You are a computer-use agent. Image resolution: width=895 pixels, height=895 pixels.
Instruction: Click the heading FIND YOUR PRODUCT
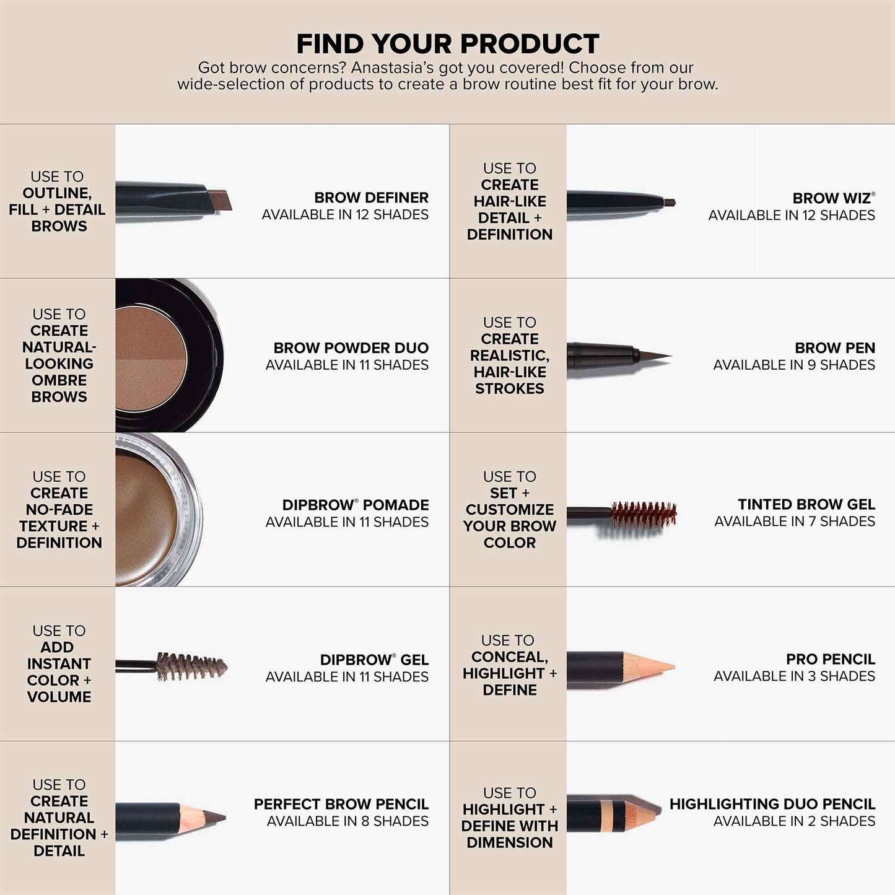click(447, 44)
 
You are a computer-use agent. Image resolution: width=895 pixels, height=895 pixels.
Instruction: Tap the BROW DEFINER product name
click(371, 198)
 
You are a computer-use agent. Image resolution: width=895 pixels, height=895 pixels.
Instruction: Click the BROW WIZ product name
click(831, 198)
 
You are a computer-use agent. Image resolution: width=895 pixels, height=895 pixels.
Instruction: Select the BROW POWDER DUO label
click(351, 348)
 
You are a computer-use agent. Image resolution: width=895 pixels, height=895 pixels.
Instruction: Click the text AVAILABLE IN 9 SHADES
click(793, 365)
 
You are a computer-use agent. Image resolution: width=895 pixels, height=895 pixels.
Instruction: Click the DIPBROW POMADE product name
click(355, 505)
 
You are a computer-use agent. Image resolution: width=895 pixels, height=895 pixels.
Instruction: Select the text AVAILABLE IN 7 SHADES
click(794, 522)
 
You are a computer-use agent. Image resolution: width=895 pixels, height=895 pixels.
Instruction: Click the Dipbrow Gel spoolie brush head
click(191, 666)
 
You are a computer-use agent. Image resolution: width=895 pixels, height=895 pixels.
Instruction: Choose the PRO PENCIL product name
click(830, 659)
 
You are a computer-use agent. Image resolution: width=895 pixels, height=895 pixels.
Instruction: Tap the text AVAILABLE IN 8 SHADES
click(347, 821)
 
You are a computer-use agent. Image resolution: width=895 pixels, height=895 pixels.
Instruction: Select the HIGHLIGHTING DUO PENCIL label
click(772, 804)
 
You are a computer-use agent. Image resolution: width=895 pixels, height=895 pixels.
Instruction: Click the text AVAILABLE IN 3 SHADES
click(794, 676)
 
